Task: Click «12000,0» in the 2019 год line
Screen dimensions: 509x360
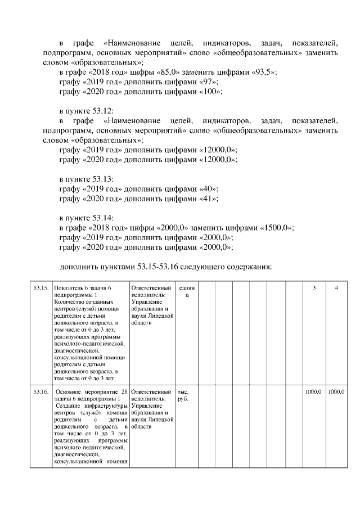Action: point(218,150)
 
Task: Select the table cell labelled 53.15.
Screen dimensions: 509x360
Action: point(40,288)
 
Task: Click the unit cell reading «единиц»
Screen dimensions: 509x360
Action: point(186,291)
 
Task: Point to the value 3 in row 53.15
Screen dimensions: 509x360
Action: point(314,288)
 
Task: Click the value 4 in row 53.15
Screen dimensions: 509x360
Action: point(336,288)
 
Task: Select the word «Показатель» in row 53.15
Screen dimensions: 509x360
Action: point(68,288)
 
